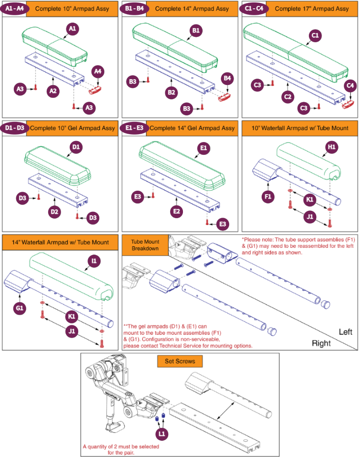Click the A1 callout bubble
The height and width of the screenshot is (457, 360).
click(x=72, y=29)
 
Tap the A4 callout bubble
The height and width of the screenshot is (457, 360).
click(x=98, y=72)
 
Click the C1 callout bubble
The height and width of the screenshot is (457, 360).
click(x=315, y=35)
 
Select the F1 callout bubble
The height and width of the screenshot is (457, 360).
click(x=269, y=197)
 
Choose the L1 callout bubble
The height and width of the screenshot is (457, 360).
click(x=162, y=434)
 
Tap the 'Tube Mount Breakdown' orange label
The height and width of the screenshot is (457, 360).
click(x=145, y=245)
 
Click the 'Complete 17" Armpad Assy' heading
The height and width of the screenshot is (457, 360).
click(x=311, y=9)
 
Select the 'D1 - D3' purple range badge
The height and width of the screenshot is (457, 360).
click(x=15, y=128)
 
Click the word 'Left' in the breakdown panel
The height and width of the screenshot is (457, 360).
click(x=345, y=332)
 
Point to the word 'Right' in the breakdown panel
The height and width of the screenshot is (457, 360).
click(x=322, y=343)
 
